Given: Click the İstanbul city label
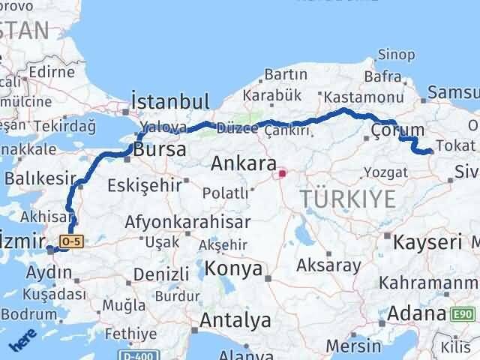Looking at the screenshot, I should (x=169, y=101).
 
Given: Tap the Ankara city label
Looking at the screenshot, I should (x=241, y=162).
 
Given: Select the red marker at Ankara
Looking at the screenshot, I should (x=282, y=174).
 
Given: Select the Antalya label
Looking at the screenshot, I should (x=235, y=320).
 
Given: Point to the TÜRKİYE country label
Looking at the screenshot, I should (x=347, y=199).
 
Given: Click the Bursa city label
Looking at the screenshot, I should (x=160, y=148).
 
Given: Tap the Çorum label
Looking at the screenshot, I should (x=391, y=133).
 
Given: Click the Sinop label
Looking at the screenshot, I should (x=396, y=54).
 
